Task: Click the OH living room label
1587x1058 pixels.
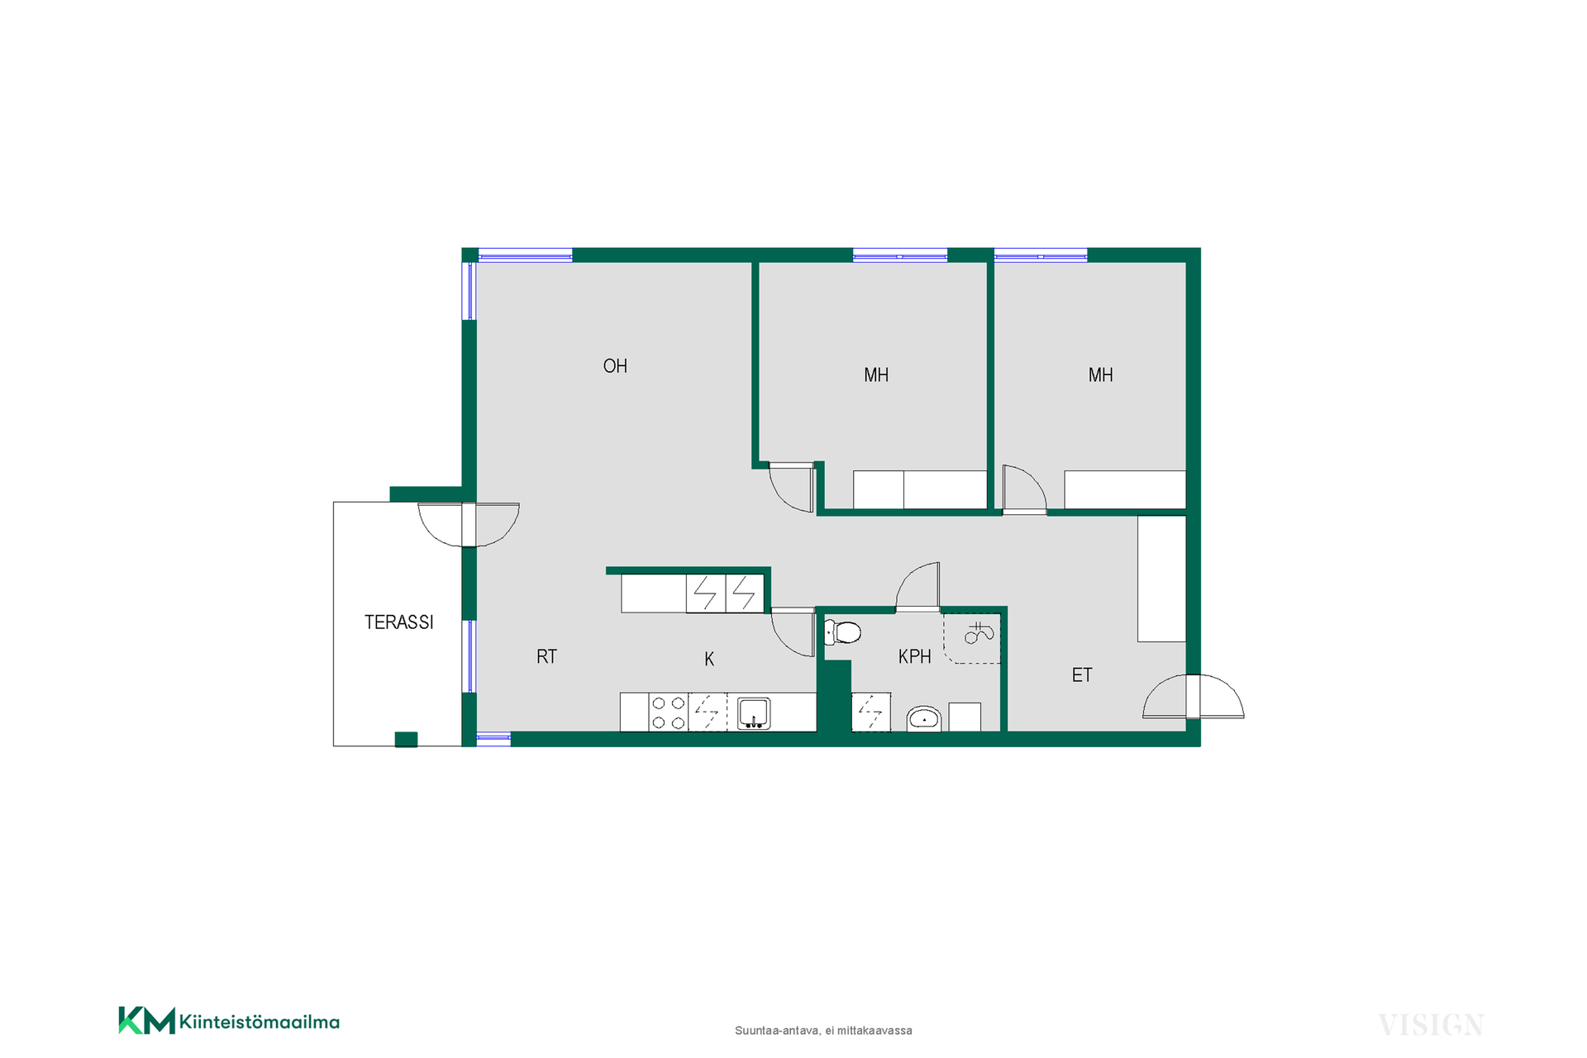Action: tap(615, 366)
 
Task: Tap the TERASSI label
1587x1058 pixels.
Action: tap(399, 622)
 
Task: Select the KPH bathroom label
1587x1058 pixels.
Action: tap(915, 657)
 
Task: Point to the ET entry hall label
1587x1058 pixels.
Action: tap(1082, 675)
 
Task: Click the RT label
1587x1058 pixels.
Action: tap(546, 657)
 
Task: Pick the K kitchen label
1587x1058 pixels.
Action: tap(709, 660)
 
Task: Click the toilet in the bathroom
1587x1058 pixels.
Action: tap(843, 633)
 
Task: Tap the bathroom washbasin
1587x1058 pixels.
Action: tap(924, 718)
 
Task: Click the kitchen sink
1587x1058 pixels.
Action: tap(754, 713)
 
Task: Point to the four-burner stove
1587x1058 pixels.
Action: tap(668, 712)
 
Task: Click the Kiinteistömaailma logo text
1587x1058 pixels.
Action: tap(260, 1022)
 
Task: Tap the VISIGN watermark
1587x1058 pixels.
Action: tap(1431, 1026)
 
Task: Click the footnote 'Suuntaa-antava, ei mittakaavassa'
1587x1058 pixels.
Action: tap(823, 1031)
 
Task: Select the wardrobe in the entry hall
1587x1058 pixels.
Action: tap(1161, 579)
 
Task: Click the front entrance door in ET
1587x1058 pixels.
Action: tap(1194, 697)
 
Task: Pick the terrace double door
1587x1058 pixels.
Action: tap(469, 525)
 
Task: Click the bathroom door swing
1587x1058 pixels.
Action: tap(918, 587)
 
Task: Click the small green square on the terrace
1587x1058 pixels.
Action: tap(406, 740)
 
